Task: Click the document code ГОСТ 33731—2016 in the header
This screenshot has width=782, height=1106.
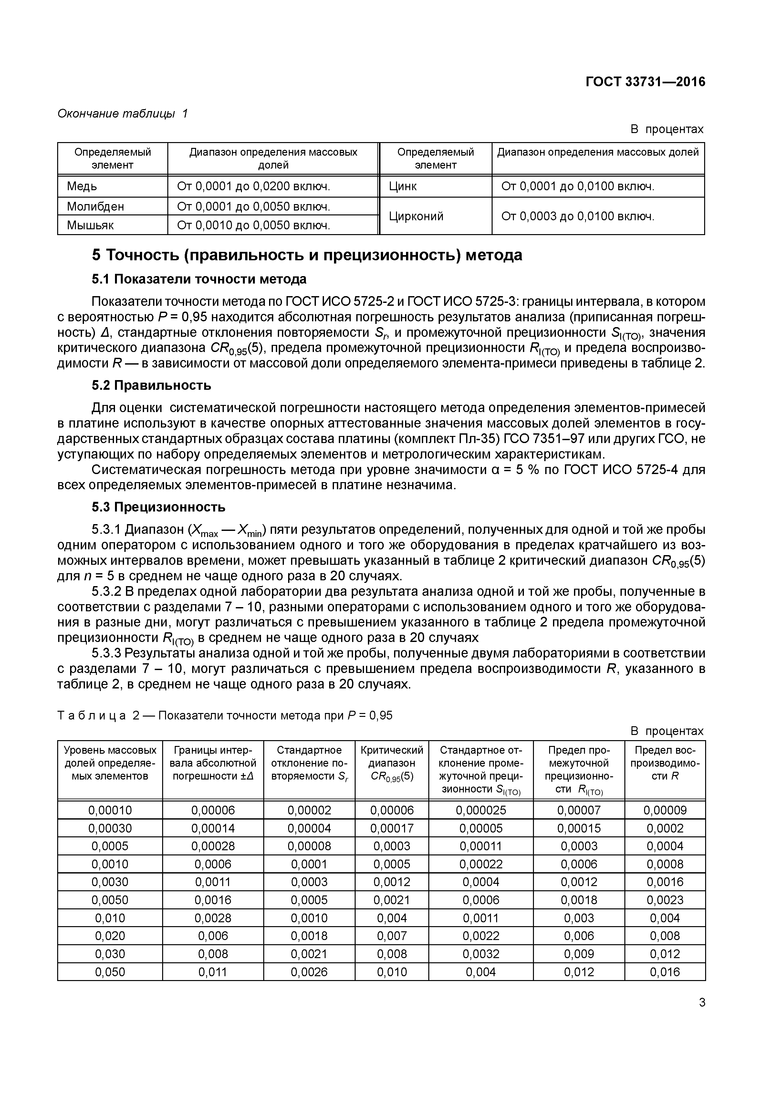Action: tap(645, 82)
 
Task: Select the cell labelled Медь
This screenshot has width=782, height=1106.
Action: tap(82, 186)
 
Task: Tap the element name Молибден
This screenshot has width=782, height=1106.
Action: tap(95, 206)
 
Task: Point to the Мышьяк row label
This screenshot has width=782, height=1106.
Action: tap(90, 225)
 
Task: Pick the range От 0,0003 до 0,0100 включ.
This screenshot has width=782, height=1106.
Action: tap(578, 216)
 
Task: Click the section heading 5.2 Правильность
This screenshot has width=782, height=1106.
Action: tap(151, 385)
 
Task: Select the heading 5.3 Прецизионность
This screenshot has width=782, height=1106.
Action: tap(159, 507)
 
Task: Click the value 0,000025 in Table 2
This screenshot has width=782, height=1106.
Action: tap(481, 810)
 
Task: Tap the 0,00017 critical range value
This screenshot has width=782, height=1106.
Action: tap(392, 828)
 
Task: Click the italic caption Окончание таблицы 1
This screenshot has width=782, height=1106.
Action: tap(122, 114)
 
